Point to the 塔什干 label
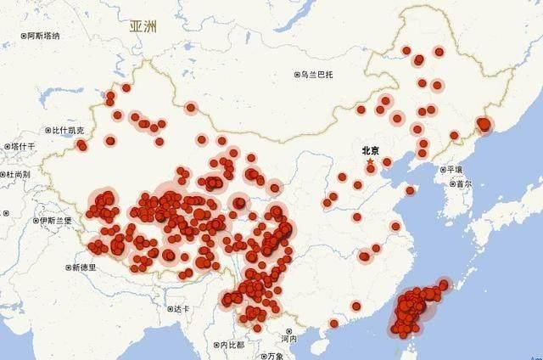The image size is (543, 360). pyautogui.click(x=23, y=147)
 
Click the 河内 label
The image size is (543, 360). pyautogui.click(x=289, y=339)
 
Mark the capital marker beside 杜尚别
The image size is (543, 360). pyautogui.click(x=3, y=174)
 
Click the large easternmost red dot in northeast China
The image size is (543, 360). pyautogui.click(x=484, y=125)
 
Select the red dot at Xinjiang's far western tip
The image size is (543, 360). pyautogui.click(x=81, y=145)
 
